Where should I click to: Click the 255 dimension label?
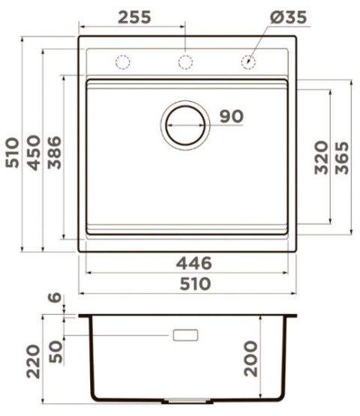(x=134, y=17)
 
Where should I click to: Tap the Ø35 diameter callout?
(x=288, y=17)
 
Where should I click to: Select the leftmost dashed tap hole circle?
(x=123, y=62)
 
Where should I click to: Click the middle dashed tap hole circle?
(x=185, y=62)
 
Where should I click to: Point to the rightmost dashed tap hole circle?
(x=248, y=62)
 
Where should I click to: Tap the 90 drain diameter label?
(x=232, y=116)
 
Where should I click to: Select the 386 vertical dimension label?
(x=54, y=153)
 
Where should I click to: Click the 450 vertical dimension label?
(x=34, y=153)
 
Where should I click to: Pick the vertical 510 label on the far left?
(x=12, y=153)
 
